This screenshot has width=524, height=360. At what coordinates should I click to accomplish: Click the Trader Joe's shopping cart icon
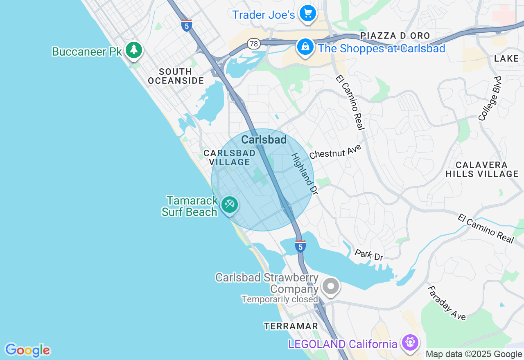(308, 14)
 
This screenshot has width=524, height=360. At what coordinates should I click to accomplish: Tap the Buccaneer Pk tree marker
(133, 50)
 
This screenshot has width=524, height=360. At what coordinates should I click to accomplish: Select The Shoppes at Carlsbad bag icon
(305, 47)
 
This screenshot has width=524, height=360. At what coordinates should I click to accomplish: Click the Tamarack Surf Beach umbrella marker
(229, 204)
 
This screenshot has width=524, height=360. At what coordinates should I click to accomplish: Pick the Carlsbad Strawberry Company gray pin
(331, 286)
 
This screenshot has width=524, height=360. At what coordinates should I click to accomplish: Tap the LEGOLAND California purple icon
(410, 342)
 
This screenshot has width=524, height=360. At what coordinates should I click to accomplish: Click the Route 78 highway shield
(254, 44)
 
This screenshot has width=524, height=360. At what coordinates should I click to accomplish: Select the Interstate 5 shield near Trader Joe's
(187, 25)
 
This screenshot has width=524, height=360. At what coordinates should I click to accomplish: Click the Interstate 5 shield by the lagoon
(300, 246)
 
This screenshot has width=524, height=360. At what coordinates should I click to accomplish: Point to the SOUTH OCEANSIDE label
(176, 76)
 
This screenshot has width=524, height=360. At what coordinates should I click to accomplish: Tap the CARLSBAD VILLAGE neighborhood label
(230, 157)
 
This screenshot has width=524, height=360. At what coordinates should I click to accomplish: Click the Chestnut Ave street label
(336, 151)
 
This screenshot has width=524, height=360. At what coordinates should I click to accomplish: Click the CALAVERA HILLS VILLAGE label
(482, 169)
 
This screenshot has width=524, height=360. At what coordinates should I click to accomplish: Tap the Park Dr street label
(369, 254)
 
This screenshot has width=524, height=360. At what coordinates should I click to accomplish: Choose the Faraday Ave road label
(447, 303)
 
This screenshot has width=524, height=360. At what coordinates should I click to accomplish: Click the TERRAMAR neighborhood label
(291, 326)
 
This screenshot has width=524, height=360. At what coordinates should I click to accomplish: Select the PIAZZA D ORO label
(395, 36)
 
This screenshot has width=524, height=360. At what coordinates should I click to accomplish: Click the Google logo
(27, 350)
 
